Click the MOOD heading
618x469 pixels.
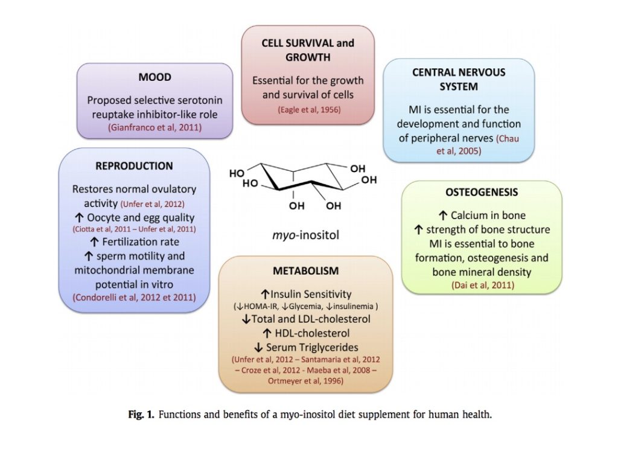click(155, 77)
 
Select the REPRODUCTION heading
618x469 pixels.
click(134, 166)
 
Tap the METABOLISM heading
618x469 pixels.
click(306, 271)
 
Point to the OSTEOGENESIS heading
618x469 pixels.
click(482, 192)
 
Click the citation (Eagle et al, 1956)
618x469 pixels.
click(309, 110)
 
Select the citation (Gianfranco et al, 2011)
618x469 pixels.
click(154, 127)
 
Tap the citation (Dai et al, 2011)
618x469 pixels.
click(482, 284)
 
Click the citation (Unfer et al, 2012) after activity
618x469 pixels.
click(152, 204)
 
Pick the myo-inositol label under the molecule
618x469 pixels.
click(305, 235)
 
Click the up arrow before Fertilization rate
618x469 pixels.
click(94, 241)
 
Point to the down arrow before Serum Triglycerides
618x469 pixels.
click(258, 347)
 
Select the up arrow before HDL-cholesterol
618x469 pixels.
click(267, 333)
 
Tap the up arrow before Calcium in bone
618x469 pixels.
click(442, 215)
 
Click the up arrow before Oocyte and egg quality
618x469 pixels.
click(79, 217)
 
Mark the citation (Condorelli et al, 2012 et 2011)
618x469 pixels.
click(134, 297)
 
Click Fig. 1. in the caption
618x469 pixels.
click(141, 415)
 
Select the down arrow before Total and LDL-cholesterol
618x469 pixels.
click(247, 319)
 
